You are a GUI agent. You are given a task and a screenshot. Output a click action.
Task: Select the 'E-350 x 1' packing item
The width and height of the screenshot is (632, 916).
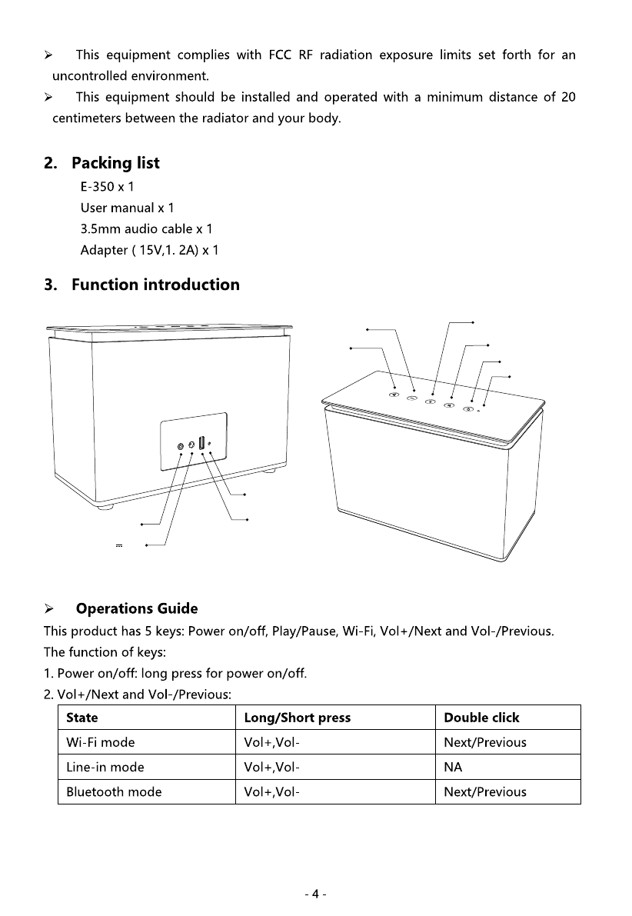[x=108, y=187]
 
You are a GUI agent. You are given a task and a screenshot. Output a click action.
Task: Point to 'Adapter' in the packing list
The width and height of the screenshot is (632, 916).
[x=105, y=251]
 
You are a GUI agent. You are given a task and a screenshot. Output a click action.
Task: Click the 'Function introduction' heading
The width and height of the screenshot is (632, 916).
[x=155, y=285]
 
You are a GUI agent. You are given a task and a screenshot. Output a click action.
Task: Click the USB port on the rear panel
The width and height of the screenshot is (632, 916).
[x=201, y=443]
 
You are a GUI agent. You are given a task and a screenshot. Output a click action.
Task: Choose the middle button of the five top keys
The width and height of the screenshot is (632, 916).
[x=431, y=401]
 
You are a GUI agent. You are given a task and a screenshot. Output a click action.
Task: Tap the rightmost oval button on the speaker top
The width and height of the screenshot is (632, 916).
[x=468, y=408]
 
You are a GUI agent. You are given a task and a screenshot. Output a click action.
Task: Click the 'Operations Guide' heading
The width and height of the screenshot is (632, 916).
[x=136, y=609]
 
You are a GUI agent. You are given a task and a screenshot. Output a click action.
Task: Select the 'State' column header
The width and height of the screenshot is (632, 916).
[x=82, y=718]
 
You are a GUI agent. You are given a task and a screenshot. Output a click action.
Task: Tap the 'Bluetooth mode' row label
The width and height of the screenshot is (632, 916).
[x=114, y=791]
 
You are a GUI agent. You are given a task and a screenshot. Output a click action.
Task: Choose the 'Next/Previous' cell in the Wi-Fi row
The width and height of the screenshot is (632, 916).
[x=485, y=742]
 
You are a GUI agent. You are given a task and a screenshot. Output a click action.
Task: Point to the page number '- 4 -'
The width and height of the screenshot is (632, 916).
[x=316, y=894]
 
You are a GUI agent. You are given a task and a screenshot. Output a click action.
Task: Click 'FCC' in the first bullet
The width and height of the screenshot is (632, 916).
[x=275, y=55]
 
